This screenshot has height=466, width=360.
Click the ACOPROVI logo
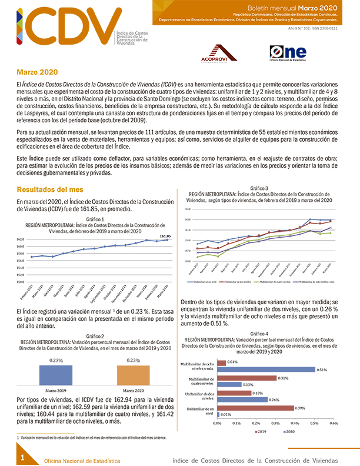point(222,54)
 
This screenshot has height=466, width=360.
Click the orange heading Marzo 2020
point(36,72)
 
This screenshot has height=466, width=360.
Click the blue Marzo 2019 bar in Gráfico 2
point(56,375)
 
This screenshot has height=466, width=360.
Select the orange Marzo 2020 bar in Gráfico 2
point(133,375)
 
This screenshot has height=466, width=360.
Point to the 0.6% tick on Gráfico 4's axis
point(334,423)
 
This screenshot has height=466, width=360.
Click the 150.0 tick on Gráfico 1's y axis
point(20,282)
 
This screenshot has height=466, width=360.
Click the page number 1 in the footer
point(22,457)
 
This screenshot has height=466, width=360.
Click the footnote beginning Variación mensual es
point(88,438)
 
